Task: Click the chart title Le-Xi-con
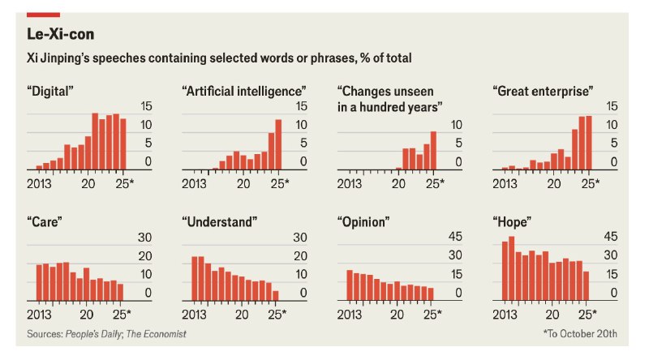tap(60, 34)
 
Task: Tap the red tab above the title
tap(44, 15)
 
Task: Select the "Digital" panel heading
tap(50, 91)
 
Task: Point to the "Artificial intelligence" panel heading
tap(244, 91)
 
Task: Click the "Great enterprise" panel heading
tap(543, 91)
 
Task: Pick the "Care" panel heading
tap(45, 222)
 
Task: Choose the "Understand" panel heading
tap(220, 222)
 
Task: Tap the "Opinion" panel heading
tap(363, 222)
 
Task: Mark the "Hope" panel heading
tap(512, 222)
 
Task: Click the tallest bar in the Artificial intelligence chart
tap(278, 145)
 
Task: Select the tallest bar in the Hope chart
tap(512, 268)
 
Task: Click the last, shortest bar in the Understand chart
tap(276, 296)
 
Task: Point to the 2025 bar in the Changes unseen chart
tap(433, 151)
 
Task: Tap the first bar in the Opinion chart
tap(350, 285)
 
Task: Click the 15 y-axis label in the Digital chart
tap(146, 106)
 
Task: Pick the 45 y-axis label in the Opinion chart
tap(455, 237)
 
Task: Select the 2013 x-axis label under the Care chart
tap(39, 315)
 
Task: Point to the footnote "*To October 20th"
tap(580, 333)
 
